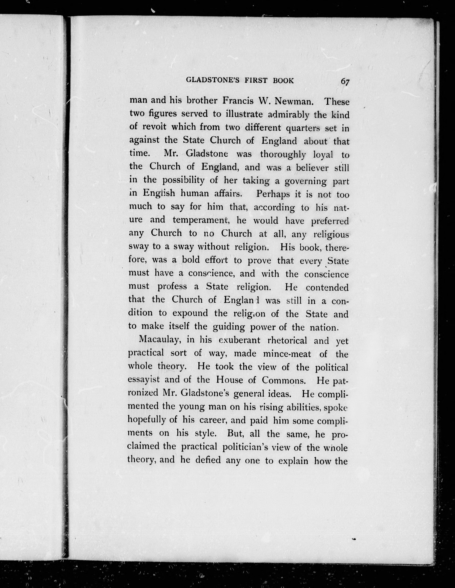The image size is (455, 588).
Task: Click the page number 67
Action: tap(345, 81)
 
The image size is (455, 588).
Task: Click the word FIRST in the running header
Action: tap(256, 80)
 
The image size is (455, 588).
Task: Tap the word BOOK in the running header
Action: tap(283, 80)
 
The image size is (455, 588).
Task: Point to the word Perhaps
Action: tap(273, 194)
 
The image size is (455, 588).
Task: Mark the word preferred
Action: tap(330, 221)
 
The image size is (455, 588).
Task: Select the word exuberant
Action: tap(239, 340)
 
